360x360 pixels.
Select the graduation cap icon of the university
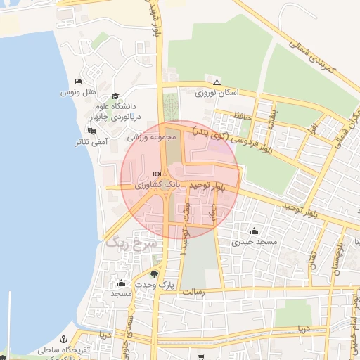coord(115,97)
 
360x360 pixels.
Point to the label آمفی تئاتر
coord(92,141)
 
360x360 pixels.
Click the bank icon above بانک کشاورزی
coord(157,174)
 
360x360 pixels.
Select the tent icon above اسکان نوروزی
coord(217,82)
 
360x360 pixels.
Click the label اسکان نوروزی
coord(218,92)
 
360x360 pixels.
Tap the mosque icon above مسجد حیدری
coord(254,231)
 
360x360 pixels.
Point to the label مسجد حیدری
coord(257,242)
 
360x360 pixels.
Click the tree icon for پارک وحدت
coord(155,274)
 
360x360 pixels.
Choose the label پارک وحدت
coord(155,285)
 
